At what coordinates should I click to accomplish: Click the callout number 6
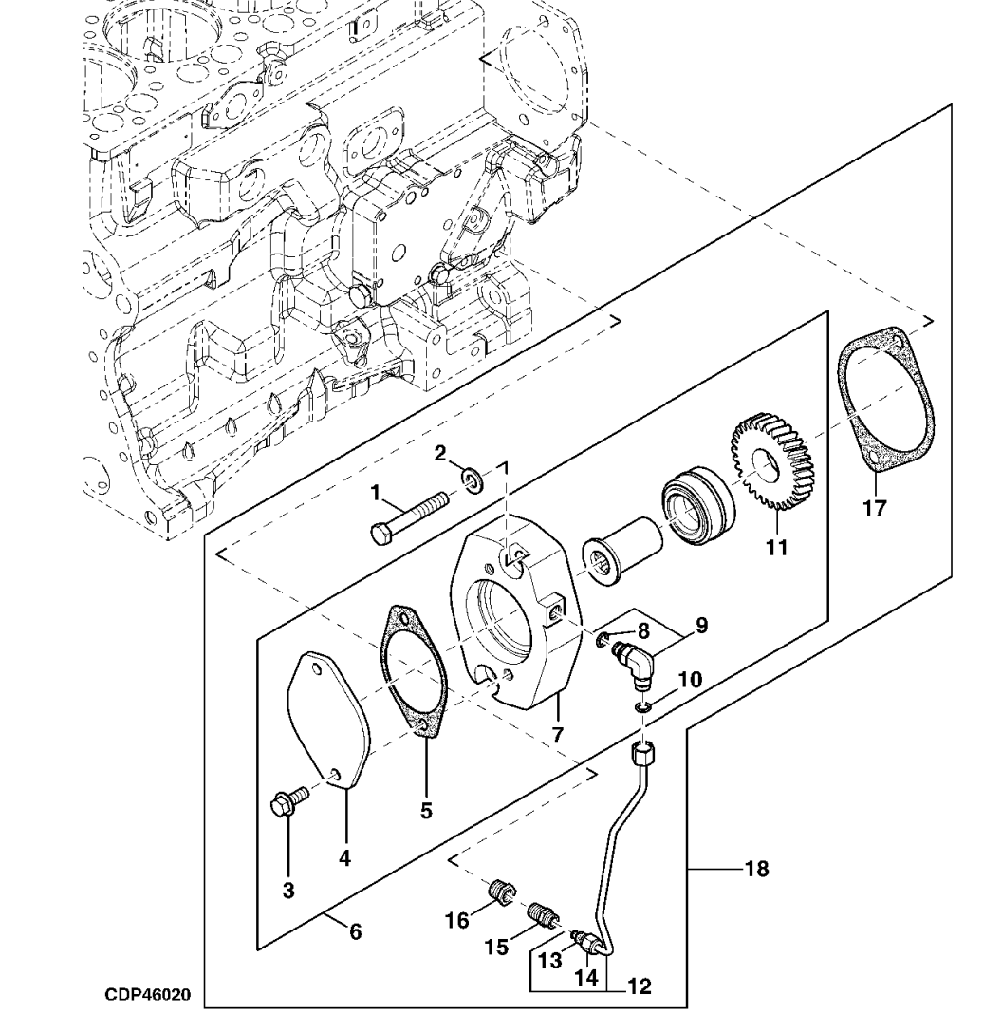tap(355, 931)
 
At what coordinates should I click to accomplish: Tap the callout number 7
tap(558, 735)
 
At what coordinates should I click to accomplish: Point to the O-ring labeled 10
tap(644, 707)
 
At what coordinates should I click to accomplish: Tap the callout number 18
tap(758, 867)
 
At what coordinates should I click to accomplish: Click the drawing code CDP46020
tap(148, 996)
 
